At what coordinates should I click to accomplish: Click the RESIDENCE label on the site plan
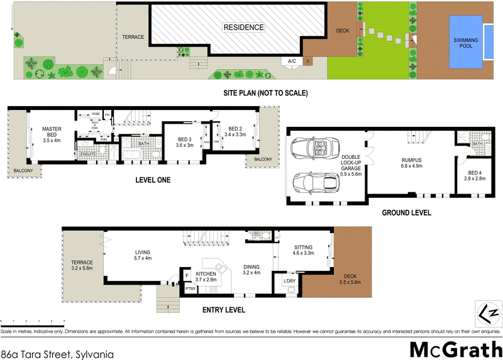click(x=243, y=28)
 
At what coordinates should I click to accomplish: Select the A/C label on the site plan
click(x=292, y=61)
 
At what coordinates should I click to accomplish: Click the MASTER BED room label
click(x=51, y=133)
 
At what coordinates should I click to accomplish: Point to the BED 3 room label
click(x=184, y=142)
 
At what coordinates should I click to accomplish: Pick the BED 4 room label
click(x=475, y=175)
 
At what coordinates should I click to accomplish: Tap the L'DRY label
click(x=289, y=280)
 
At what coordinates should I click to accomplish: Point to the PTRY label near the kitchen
click(x=189, y=288)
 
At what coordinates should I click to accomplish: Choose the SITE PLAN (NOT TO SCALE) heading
click(x=265, y=93)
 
